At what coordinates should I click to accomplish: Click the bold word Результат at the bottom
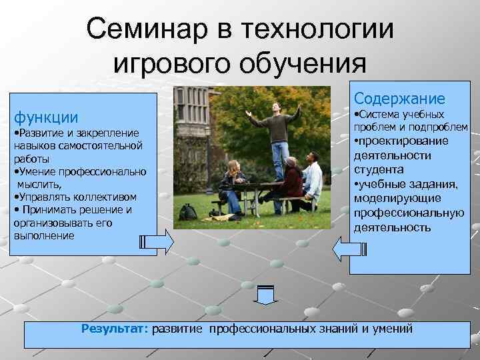point(115,329)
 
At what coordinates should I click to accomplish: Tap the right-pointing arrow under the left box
point(157,241)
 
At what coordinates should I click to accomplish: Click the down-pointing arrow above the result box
point(265,294)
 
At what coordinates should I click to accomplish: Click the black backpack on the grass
point(189,212)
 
